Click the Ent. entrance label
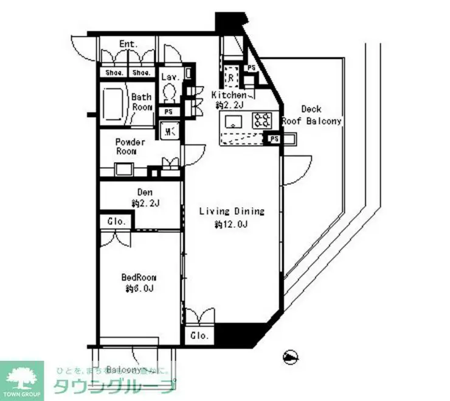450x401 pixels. pyautogui.click(x=128, y=44)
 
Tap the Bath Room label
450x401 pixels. pyautogui.click(x=141, y=102)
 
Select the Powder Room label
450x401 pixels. pyautogui.click(x=130, y=147)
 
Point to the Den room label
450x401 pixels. pyautogui.click(x=144, y=193)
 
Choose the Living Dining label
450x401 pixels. pyautogui.click(x=232, y=211)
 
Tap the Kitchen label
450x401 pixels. pyautogui.click(x=229, y=96)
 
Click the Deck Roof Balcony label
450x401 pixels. pyautogui.click(x=311, y=115)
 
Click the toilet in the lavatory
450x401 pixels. pyautogui.click(x=170, y=93)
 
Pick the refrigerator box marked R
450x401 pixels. pyautogui.click(x=231, y=77)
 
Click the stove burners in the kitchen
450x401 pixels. pyautogui.click(x=263, y=120)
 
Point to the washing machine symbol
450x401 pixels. pyautogui.click(x=169, y=130)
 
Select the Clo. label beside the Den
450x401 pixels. pyautogui.click(x=117, y=221)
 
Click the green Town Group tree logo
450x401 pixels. pyautogui.click(x=22, y=377)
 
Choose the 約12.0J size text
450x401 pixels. pyautogui.click(x=232, y=225)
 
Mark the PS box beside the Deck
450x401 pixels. pyautogui.click(x=274, y=138)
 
